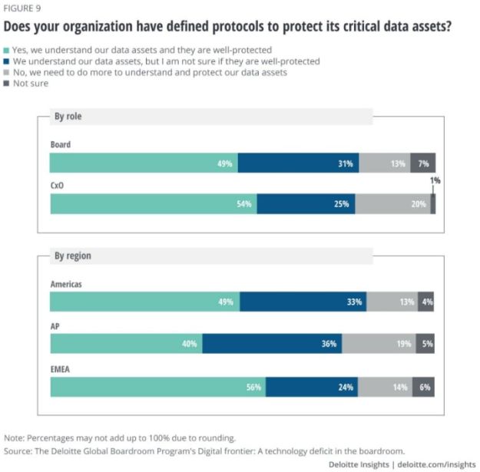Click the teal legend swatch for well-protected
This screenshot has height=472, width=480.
[x=8, y=49]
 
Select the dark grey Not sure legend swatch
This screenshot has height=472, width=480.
[x=8, y=84]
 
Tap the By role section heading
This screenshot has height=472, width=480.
[x=68, y=117]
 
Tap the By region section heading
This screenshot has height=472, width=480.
[x=72, y=256]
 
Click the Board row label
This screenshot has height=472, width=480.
[x=61, y=144]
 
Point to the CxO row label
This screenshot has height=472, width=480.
[x=58, y=186]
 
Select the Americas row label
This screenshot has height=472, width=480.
[x=66, y=283]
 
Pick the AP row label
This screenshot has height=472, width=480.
[x=55, y=326]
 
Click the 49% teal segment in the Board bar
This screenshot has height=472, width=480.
[x=144, y=163]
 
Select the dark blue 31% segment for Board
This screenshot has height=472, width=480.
[x=298, y=163]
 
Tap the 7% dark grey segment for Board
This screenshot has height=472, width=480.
[x=423, y=163]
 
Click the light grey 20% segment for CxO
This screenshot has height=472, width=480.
[x=392, y=204]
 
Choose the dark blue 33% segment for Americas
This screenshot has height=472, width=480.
[x=303, y=302]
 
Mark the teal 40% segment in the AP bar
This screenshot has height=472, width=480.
[x=126, y=344]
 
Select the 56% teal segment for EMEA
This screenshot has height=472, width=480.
[x=157, y=387]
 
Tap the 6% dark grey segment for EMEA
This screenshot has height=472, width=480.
[x=424, y=387]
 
